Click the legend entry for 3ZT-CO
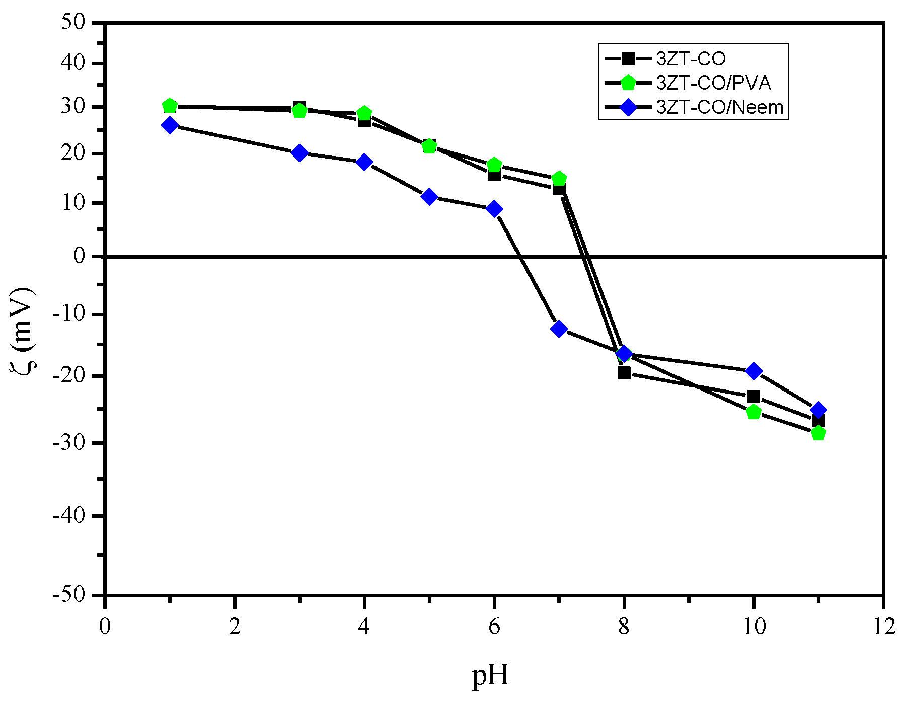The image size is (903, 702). [x=691, y=59]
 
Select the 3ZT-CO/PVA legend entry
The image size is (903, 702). [x=713, y=83]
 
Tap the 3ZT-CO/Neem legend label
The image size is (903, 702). [x=719, y=107]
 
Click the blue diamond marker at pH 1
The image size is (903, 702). [x=170, y=125]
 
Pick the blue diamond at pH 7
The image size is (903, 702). [x=559, y=329]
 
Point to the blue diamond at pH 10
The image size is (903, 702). [x=754, y=371]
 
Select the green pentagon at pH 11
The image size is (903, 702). [x=818, y=433]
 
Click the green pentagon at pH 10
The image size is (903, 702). [x=754, y=412]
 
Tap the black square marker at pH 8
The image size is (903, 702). [x=624, y=373]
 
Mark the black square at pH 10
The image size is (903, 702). [x=754, y=397]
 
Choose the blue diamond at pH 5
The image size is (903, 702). [x=429, y=196]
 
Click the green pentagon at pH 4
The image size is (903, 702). [x=364, y=113]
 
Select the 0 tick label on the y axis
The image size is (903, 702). [x=80, y=256]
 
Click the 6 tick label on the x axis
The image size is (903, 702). [x=494, y=627]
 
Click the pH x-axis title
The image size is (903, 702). [x=491, y=675]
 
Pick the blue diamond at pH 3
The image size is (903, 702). [x=299, y=152]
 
